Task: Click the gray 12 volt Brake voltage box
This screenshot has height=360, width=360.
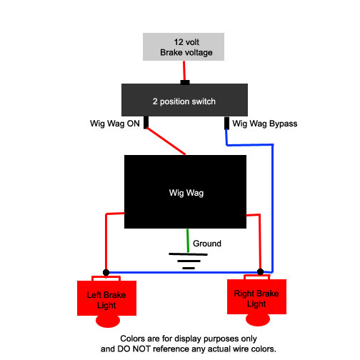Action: point(184,46)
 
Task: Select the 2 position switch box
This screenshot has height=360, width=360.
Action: point(184,100)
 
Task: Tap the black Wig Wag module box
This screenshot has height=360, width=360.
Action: point(185,191)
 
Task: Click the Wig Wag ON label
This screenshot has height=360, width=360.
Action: point(115,124)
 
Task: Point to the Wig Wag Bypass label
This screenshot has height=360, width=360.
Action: point(265,124)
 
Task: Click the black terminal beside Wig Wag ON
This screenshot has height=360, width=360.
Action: point(146,122)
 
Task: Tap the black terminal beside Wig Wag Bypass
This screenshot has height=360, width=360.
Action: point(226,123)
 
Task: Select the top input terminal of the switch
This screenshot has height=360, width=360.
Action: point(185,82)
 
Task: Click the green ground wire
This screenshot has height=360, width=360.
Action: point(188,241)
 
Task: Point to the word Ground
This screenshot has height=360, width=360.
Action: point(207,244)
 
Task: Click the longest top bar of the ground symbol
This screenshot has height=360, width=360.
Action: point(188,254)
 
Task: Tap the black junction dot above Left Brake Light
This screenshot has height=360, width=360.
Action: point(106,272)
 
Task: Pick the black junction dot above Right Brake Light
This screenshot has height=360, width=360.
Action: point(261,271)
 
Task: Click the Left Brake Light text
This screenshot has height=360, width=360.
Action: point(106,300)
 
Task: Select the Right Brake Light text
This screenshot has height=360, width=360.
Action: point(256,299)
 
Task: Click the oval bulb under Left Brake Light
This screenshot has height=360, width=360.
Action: point(108,321)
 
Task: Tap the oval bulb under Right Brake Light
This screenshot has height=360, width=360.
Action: point(258,319)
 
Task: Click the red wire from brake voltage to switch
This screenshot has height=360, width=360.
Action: point(184,71)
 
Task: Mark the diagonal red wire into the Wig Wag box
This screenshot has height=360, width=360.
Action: point(166,141)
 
